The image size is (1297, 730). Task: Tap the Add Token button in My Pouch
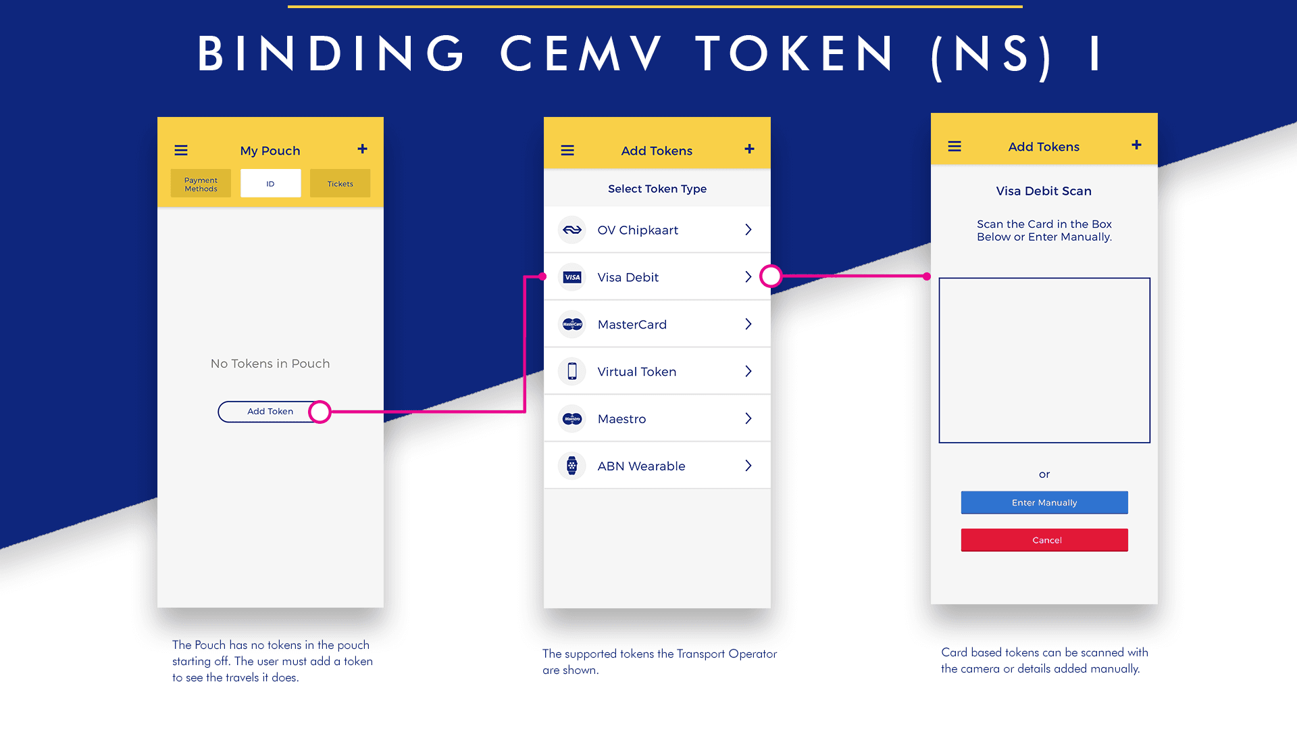(x=270, y=412)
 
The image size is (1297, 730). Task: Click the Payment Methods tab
(x=201, y=184)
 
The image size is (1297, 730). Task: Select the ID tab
(x=270, y=184)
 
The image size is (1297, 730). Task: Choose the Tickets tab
(x=340, y=184)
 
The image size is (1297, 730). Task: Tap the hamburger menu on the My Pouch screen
(x=181, y=150)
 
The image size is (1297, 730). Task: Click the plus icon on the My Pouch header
(x=363, y=149)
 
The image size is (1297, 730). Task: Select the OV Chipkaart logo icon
(x=572, y=230)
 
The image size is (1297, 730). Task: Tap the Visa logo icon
(x=572, y=277)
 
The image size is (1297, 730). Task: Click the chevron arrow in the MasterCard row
(x=748, y=324)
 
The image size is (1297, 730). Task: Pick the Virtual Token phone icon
(x=572, y=371)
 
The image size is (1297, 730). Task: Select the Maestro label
(x=621, y=419)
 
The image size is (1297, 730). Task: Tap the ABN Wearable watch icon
(x=572, y=466)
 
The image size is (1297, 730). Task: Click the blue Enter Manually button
(x=1044, y=503)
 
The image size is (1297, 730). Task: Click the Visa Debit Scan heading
(x=1044, y=191)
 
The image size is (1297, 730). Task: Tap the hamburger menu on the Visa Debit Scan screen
(x=955, y=146)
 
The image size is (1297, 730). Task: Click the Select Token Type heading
(x=657, y=189)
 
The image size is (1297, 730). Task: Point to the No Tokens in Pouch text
(x=270, y=364)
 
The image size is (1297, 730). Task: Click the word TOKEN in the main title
(x=795, y=54)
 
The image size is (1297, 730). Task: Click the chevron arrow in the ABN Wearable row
(x=748, y=466)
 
